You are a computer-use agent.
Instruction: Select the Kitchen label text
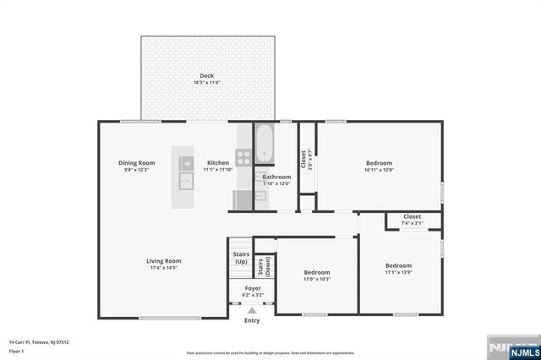[218, 162]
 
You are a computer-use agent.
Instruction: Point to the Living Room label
[164, 261]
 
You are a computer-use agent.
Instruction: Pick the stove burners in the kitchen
[243, 157]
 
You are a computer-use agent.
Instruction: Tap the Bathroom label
[276, 177]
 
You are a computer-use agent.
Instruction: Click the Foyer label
[253, 288]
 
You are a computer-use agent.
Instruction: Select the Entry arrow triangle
[252, 311]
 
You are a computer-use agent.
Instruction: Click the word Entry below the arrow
[252, 321]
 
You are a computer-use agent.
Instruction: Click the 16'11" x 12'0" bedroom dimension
[379, 170]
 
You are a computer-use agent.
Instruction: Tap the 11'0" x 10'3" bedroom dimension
[317, 279]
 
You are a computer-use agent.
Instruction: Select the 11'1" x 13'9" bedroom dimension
[398, 272]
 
